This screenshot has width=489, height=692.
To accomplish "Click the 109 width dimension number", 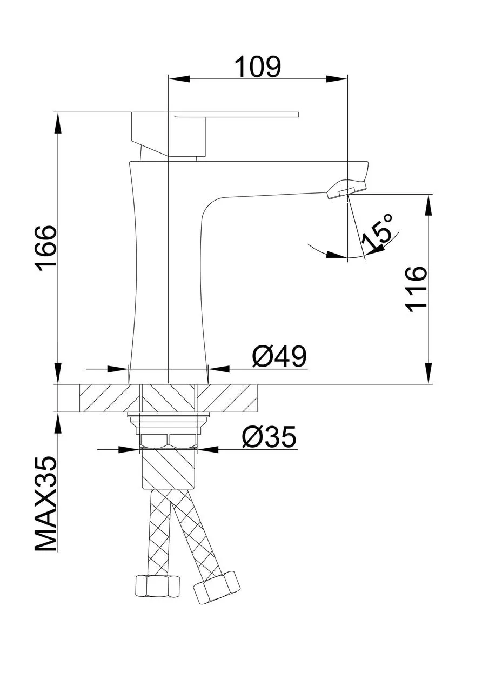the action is (x=258, y=66).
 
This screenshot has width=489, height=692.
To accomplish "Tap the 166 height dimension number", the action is (x=46, y=248).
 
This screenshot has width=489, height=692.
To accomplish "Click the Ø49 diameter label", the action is (x=279, y=356).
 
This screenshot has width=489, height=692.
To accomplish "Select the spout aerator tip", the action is (x=346, y=189).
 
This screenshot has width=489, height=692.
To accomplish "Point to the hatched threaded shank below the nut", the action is (x=169, y=468).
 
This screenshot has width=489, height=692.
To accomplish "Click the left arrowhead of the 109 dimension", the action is (x=178, y=79).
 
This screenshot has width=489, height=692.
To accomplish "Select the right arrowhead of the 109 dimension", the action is (x=337, y=79).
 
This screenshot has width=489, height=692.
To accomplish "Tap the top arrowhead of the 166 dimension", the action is (x=58, y=122).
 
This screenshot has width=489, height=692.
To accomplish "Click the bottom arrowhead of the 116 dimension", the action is (x=429, y=373).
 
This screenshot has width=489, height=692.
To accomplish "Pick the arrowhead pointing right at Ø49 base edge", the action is (x=117, y=369).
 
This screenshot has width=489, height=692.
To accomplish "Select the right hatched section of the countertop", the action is (x=227, y=398).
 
